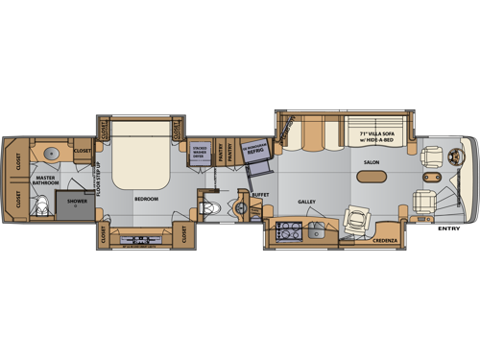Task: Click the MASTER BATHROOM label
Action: (x=45, y=180)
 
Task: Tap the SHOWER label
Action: (x=77, y=202)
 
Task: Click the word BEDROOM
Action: (x=146, y=199)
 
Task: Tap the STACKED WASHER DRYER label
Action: (x=199, y=153)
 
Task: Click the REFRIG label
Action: (x=254, y=151)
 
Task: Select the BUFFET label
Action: (x=258, y=194)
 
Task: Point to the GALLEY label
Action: (x=306, y=202)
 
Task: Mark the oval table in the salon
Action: (x=372, y=177)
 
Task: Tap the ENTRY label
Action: (x=448, y=228)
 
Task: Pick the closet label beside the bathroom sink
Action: (x=83, y=151)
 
